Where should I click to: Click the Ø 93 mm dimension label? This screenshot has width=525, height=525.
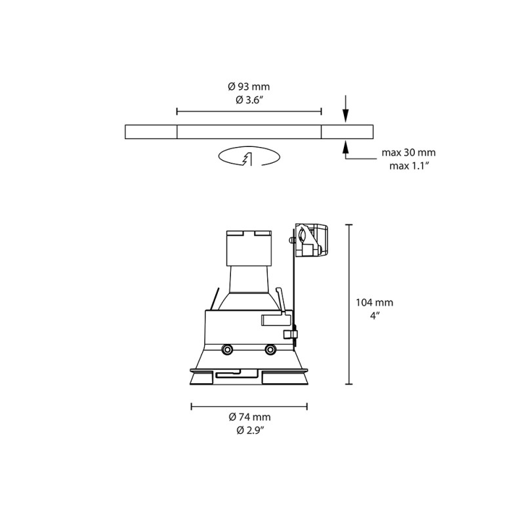click(249, 87)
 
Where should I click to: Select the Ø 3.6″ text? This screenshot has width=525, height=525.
click(249, 100)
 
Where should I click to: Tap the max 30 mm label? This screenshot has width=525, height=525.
click(408, 153)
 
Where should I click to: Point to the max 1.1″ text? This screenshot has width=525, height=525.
click(408, 165)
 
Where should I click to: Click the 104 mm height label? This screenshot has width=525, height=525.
click(374, 303)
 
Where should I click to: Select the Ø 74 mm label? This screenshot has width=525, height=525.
click(249, 417)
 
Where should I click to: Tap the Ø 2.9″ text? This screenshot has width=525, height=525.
click(249, 430)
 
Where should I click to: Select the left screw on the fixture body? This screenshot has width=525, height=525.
click(227, 349)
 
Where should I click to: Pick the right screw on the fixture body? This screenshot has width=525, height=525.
click(270, 349)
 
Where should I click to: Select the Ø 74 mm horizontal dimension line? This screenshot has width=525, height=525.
click(249, 407)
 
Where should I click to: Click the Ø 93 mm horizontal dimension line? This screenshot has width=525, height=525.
click(249, 112)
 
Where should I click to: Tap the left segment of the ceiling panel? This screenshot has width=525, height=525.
click(151, 131)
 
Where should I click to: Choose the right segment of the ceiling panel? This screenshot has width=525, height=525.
click(346, 131)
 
